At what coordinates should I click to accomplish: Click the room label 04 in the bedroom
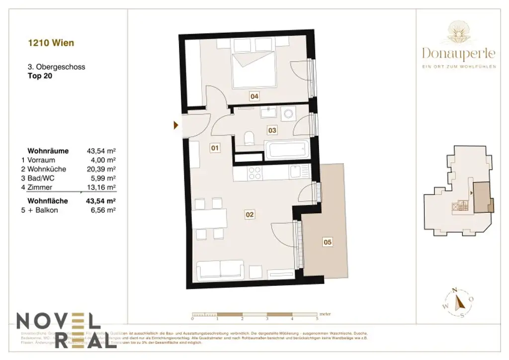point(254,96)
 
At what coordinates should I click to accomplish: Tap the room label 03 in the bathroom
point(272,130)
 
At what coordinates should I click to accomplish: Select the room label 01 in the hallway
point(215,148)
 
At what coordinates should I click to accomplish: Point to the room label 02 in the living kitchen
point(250,215)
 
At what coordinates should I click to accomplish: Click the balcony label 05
point(327,242)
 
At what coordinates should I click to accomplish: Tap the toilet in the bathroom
point(250,137)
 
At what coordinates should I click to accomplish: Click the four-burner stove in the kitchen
point(255,173)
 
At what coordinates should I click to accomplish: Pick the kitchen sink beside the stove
point(296,172)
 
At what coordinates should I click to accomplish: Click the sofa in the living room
point(220,270)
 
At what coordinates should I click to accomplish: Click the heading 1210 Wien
point(51,43)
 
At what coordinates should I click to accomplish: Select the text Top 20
point(40,76)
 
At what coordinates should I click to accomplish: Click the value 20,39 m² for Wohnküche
point(101,169)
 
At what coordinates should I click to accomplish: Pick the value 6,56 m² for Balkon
point(103,210)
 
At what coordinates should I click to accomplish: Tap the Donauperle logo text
point(458,52)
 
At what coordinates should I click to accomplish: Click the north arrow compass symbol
point(459,302)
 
